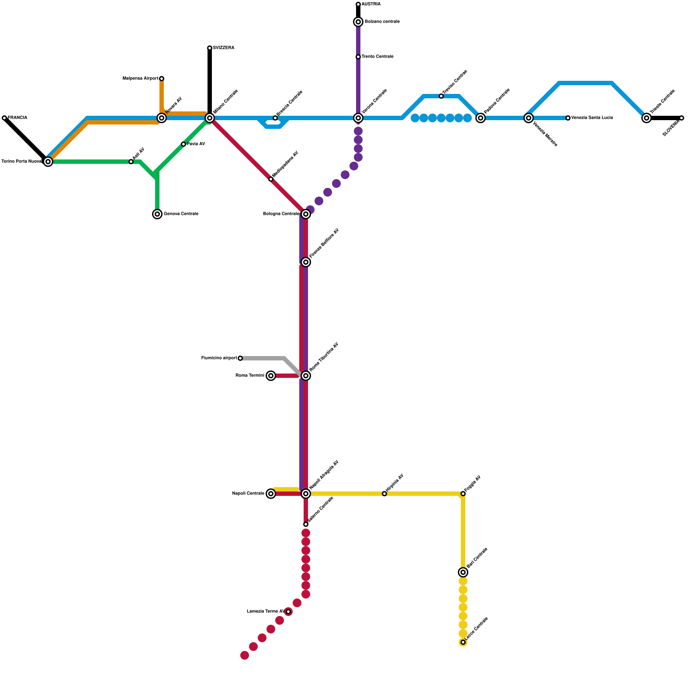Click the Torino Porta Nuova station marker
point(48,162)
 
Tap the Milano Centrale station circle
point(210,118)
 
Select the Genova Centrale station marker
point(157,214)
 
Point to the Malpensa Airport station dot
point(162,79)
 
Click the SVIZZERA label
point(224,48)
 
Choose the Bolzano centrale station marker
point(358,22)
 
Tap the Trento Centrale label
point(377,57)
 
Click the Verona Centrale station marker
point(358,118)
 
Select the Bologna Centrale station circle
point(306,214)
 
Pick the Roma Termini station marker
point(271,376)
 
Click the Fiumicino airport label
point(219,358)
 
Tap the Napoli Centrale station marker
point(271,494)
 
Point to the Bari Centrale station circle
point(463,572)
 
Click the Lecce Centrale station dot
point(463,642)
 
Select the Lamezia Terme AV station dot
point(288,612)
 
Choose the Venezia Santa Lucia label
point(592,118)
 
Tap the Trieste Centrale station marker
point(647,118)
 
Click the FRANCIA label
point(17,118)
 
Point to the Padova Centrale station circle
point(481,118)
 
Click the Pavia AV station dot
point(183,144)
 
